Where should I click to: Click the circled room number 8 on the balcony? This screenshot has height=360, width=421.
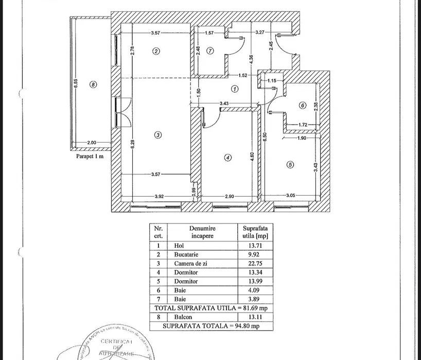93,84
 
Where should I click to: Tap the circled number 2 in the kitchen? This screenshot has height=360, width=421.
155,50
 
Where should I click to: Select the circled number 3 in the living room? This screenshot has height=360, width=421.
158,135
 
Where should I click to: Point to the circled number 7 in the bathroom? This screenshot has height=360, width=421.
210,50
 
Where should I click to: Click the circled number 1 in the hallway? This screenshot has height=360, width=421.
235,89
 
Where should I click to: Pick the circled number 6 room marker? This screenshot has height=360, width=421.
303,105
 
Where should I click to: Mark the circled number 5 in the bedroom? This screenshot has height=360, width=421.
290,165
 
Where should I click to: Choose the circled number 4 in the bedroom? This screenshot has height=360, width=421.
228,158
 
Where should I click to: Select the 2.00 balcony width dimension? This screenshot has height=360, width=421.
92,143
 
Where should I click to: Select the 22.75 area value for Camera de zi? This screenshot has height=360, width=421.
255,263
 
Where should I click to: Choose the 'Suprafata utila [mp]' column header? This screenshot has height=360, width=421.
255,232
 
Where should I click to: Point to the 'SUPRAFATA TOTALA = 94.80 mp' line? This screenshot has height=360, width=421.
211,325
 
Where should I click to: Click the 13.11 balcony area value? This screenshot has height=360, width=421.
255,317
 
